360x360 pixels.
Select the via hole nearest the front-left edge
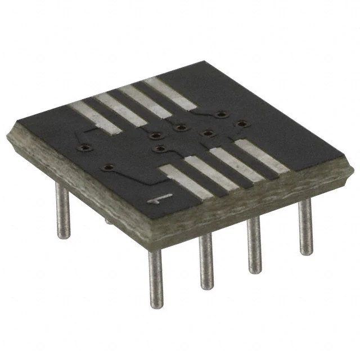click(109, 167)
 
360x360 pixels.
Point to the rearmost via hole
click(218, 114)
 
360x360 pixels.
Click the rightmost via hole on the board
click(241, 123)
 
